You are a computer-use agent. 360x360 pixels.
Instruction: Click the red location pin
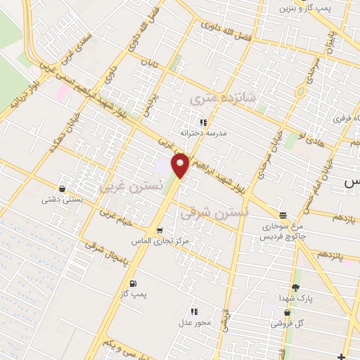coord(181,165)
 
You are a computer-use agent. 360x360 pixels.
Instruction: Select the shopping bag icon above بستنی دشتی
coord(64,188)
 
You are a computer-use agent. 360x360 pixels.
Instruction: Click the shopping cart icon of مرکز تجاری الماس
coord(160,231)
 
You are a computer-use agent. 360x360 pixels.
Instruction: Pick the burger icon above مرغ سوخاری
coord(283,215)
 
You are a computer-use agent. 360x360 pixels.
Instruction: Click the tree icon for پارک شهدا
coord(295,287)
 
